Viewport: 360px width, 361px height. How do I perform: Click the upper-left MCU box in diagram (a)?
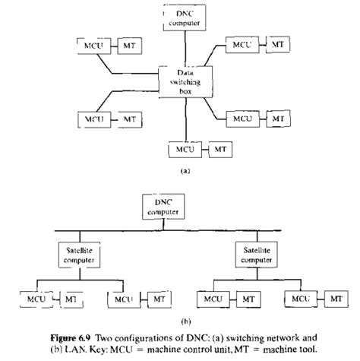(x=94, y=46)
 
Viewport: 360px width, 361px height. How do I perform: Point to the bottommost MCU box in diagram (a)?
(x=183, y=147)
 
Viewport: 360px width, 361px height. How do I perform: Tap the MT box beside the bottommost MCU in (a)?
(x=219, y=147)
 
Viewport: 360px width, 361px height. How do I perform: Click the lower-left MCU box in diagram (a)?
(x=94, y=119)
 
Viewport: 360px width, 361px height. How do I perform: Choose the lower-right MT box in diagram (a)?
(x=278, y=119)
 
